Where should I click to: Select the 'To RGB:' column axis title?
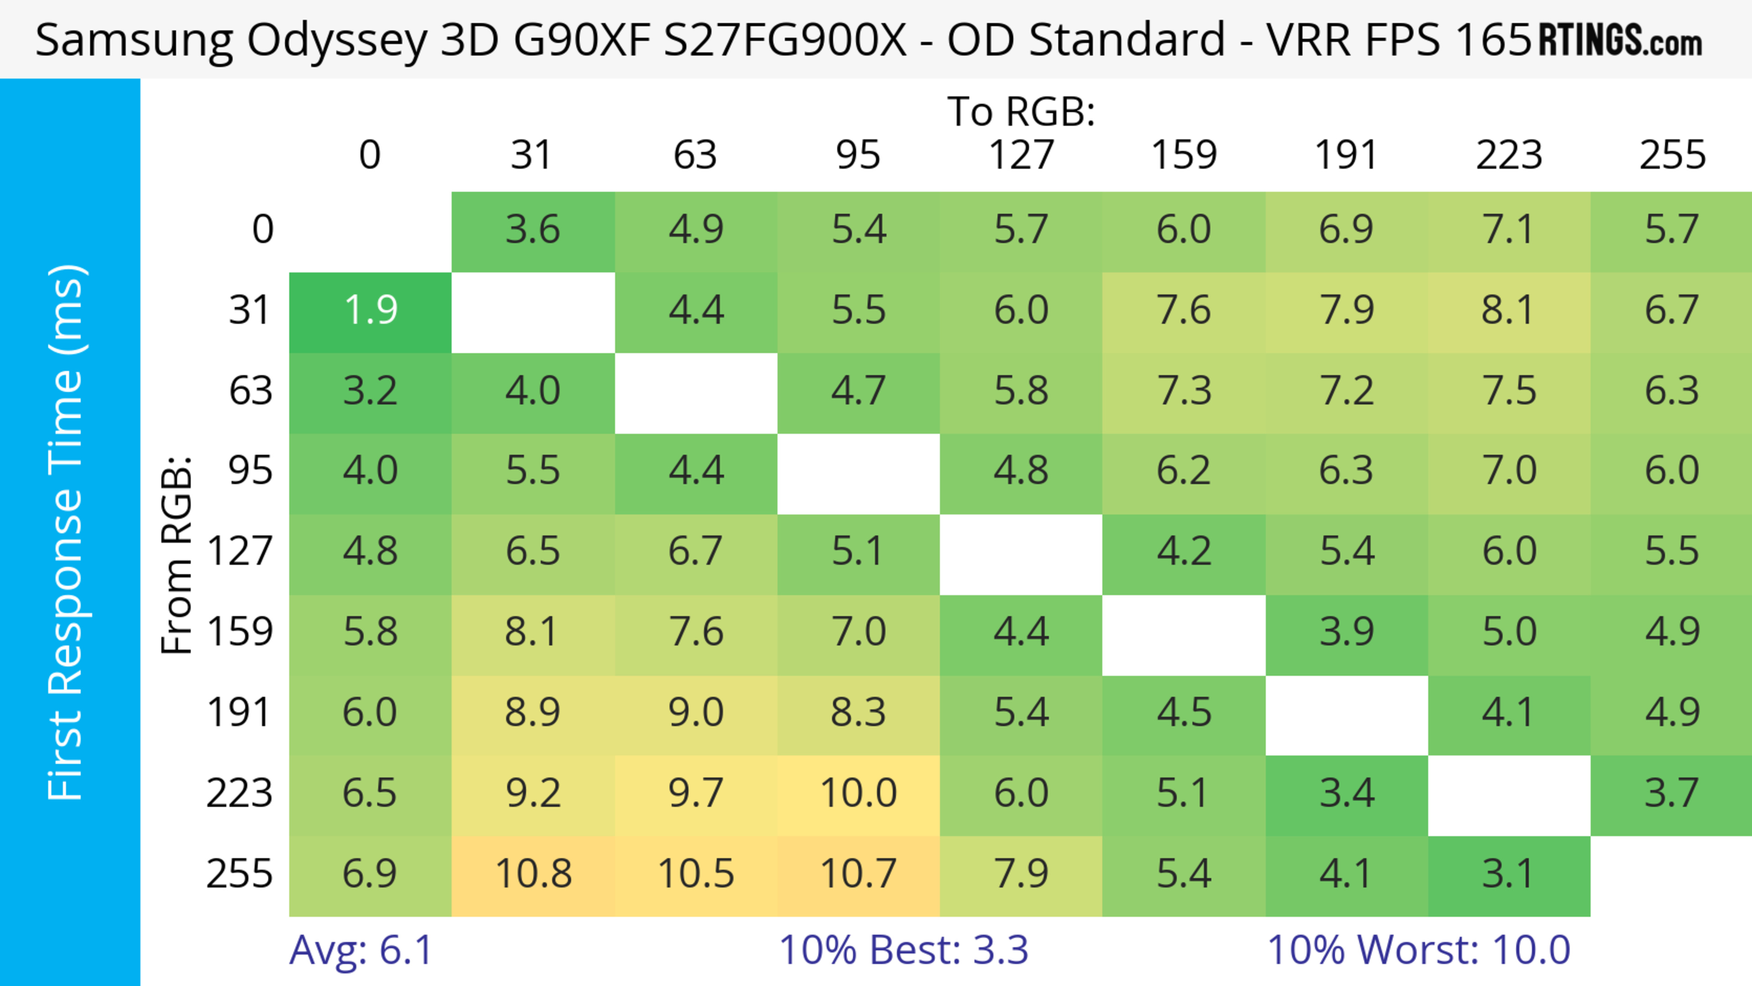coord(1021,111)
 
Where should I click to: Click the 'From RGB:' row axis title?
coord(177,555)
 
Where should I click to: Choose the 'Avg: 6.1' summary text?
coord(360,950)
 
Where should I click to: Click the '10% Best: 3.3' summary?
coord(903,950)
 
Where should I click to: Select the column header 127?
coord(1021,155)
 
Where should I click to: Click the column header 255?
coord(1672,155)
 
